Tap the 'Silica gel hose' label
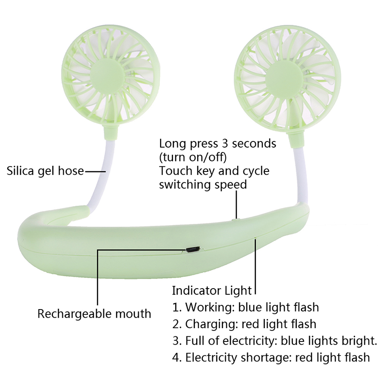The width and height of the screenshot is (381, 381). (x=45, y=170)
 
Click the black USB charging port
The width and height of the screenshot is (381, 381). (x=193, y=249)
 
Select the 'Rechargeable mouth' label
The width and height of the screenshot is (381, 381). (x=94, y=314)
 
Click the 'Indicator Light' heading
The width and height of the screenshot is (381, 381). (x=211, y=290)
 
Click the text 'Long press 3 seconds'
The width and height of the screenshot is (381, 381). (x=218, y=143)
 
